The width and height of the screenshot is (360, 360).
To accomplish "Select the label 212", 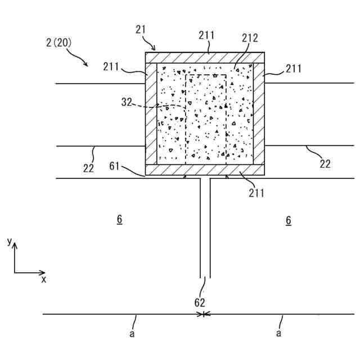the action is (250, 38).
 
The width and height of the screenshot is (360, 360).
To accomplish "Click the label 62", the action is (200, 302).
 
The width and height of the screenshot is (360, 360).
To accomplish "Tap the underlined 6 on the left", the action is (119, 220).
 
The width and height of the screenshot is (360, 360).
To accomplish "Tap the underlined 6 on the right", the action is (288, 220).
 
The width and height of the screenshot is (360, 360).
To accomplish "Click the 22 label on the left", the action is (88, 167).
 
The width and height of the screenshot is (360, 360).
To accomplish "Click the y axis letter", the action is (9, 241).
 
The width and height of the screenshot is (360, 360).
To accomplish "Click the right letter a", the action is (278, 333).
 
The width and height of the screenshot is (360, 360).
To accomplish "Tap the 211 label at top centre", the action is (206, 35).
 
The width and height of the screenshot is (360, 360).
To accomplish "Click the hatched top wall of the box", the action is (205, 57).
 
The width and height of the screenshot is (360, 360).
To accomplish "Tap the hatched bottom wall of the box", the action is (205, 170).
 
